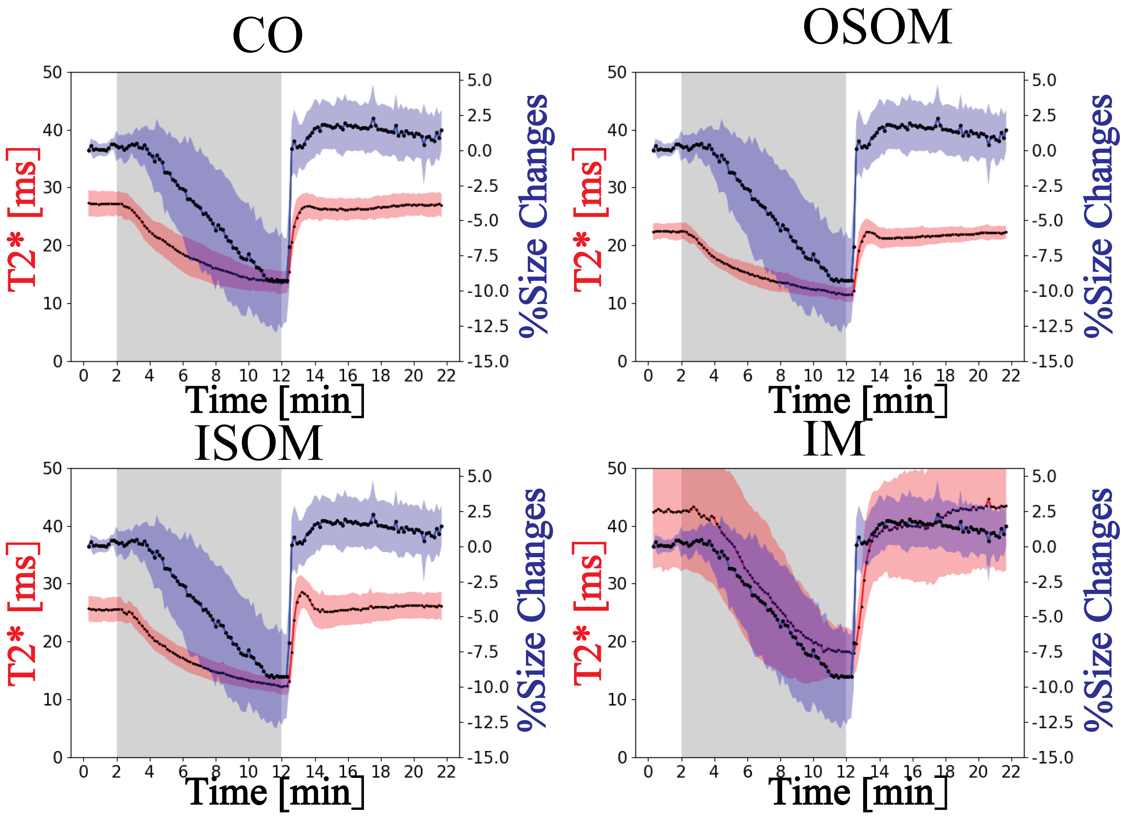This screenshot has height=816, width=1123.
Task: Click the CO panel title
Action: click(x=267, y=36)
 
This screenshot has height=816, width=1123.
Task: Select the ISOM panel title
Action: click(x=259, y=443)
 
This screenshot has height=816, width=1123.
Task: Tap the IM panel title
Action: click(x=834, y=439)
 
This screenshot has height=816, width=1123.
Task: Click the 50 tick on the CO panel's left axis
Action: click(x=52, y=73)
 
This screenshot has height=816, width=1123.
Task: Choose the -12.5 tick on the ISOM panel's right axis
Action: click(x=488, y=722)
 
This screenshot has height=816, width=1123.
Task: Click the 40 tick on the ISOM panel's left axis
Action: click(x=52, y=526)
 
